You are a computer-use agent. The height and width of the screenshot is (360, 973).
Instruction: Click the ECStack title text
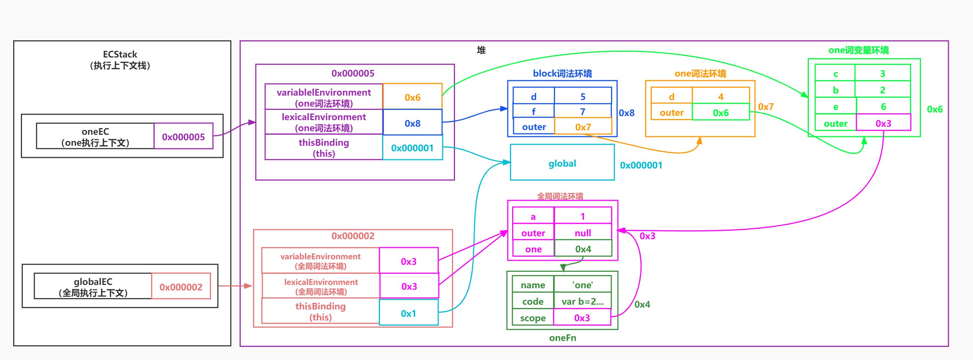(120, 55)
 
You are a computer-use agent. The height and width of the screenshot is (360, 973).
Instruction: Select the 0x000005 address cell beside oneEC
(183, 136)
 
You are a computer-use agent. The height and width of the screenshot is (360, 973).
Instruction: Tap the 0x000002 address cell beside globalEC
(181, 287)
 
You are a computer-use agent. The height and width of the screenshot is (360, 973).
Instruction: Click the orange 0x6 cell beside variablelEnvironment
(412, 97)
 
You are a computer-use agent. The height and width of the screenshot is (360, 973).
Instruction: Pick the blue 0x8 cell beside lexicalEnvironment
(412, 123)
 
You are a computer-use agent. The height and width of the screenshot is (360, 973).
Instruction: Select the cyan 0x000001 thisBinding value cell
(412, 148)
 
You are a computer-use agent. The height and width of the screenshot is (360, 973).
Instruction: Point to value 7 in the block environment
(582, 111)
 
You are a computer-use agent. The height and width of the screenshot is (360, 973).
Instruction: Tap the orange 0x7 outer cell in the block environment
(583, 127)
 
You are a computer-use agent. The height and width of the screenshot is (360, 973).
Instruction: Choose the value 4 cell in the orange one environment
(720, 96)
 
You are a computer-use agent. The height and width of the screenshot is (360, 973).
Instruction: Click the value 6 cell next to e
(883, 107)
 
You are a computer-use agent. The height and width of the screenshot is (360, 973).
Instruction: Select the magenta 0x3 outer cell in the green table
(883, 123)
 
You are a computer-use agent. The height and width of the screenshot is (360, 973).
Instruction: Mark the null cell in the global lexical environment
(582, 233)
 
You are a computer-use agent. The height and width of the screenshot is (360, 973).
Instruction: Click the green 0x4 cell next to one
(583, 249)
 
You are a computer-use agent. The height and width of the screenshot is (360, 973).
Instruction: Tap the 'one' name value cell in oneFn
(582, 285)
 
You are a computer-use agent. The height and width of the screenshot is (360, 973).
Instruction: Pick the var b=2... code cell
(582, 301)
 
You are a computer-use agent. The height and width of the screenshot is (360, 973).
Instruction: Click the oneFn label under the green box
(562, 337)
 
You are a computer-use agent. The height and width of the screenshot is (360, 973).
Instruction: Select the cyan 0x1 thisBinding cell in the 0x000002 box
(408, 313)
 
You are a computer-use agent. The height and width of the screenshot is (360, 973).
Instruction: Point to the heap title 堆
(481, 50)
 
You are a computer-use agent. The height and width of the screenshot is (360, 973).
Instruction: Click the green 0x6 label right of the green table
(935, 109)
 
